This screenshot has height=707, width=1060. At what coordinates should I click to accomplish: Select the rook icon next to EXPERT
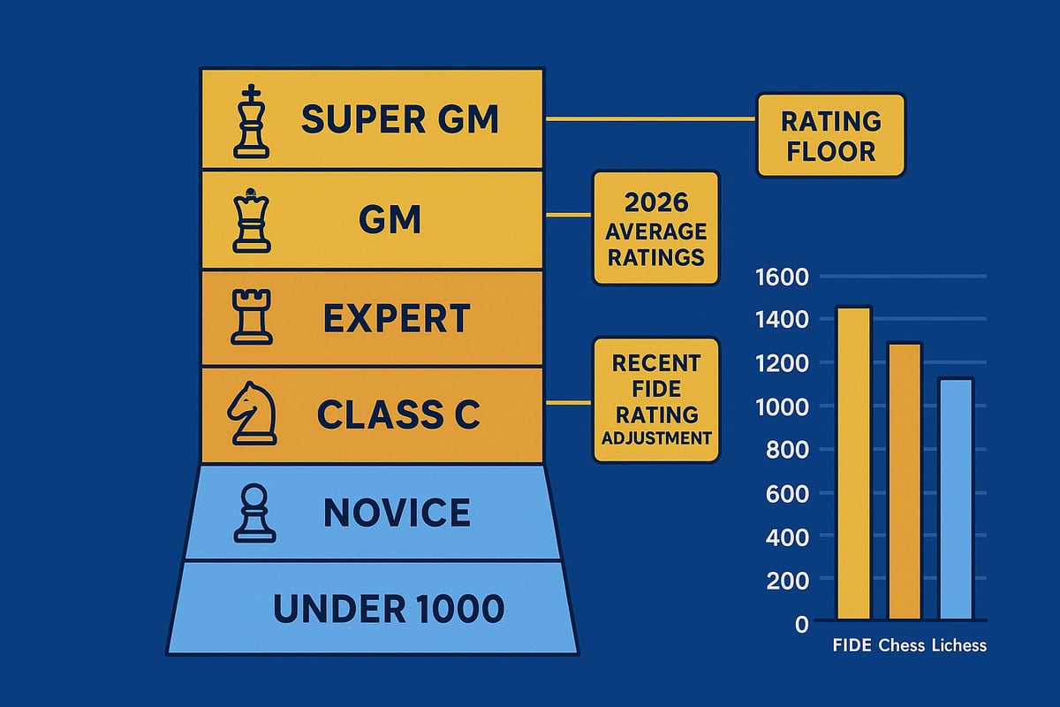tap(249, 319)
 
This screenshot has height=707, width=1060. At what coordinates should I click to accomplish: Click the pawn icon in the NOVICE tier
tap(250, 513)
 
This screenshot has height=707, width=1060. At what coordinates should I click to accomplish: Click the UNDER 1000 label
tap(389, 608)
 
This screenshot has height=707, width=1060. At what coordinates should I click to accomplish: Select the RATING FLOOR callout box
tap(830, 135)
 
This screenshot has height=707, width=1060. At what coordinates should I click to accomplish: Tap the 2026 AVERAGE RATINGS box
tap(655, 228)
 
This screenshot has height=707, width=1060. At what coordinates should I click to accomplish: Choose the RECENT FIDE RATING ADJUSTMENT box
tap(655, 399)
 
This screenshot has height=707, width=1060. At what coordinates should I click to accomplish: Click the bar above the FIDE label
tap(853, 464)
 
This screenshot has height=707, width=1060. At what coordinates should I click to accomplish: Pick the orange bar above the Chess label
tap(905, 482)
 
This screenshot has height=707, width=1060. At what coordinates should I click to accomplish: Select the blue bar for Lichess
tap(956, 499)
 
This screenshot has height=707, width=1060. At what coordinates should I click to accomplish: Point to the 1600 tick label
tap(783, 277)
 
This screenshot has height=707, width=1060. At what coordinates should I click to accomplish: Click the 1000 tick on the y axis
tap(783, 407)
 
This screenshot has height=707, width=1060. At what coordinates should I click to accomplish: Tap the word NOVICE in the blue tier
tap(396, 513)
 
